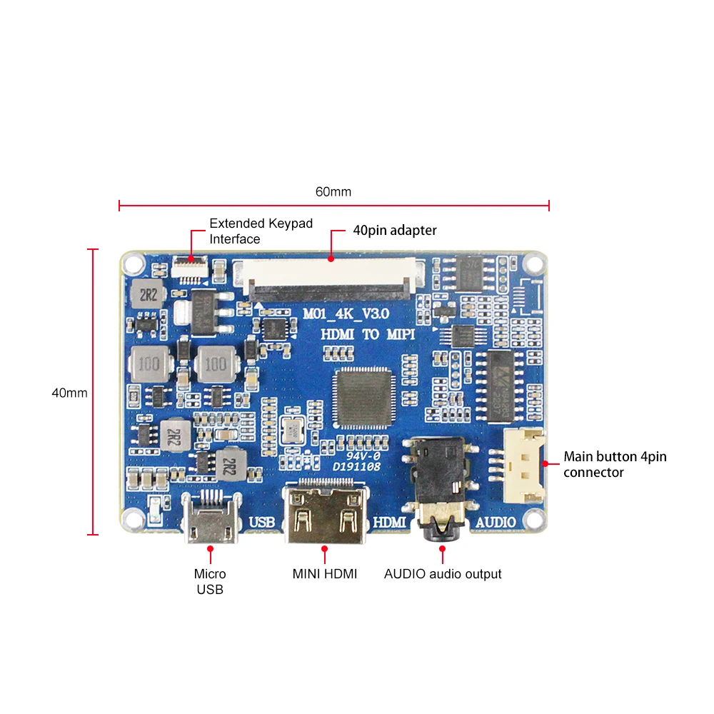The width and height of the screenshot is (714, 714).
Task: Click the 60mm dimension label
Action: point(333,192)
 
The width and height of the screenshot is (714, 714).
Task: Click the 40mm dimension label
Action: point(69,393)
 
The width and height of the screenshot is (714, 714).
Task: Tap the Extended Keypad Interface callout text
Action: point(261,231)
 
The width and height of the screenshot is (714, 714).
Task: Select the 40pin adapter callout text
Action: point(395,231)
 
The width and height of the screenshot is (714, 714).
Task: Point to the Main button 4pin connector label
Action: point(615,464)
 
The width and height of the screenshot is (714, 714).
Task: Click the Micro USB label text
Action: point(210,581)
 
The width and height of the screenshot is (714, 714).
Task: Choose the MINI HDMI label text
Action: point(325,573)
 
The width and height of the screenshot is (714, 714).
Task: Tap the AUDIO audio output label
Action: point(443,573)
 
